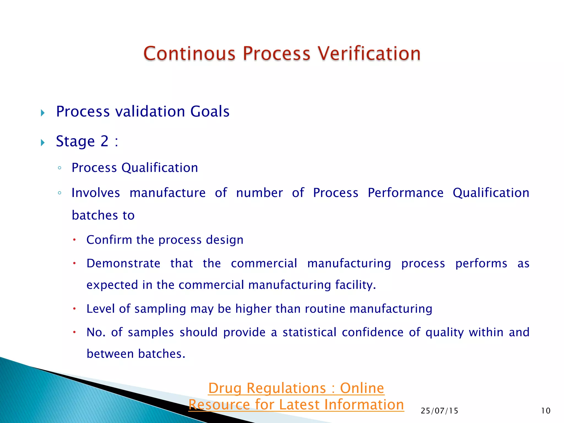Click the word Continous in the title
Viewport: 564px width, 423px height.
click(x=189, y=53)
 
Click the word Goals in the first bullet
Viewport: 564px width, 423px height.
click(x=210, y=112)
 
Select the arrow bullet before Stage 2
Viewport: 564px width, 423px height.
click(x=43, y=142)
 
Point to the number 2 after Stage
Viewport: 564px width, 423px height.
click(x=104, y=141)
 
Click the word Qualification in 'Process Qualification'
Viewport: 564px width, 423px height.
click(x=159, y=168)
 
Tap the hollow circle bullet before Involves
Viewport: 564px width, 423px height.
click(x=59, y=193)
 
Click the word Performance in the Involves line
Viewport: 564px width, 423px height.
click(x=405, y=193)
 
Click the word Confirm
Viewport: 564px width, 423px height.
click(x=109, y=240)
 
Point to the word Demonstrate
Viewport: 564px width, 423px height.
click(x=123, y=264)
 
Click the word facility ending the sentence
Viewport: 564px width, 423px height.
click(x=355, y=285)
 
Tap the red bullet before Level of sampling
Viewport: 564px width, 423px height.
click(x=74, y=309)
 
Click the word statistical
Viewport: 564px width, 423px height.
click(x=310, y=332)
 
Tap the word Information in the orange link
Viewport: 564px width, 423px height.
click(x=364, y=405)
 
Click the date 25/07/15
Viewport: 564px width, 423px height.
click(x=439, y=411)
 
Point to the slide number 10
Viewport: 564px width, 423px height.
click(x=546, y=411)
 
